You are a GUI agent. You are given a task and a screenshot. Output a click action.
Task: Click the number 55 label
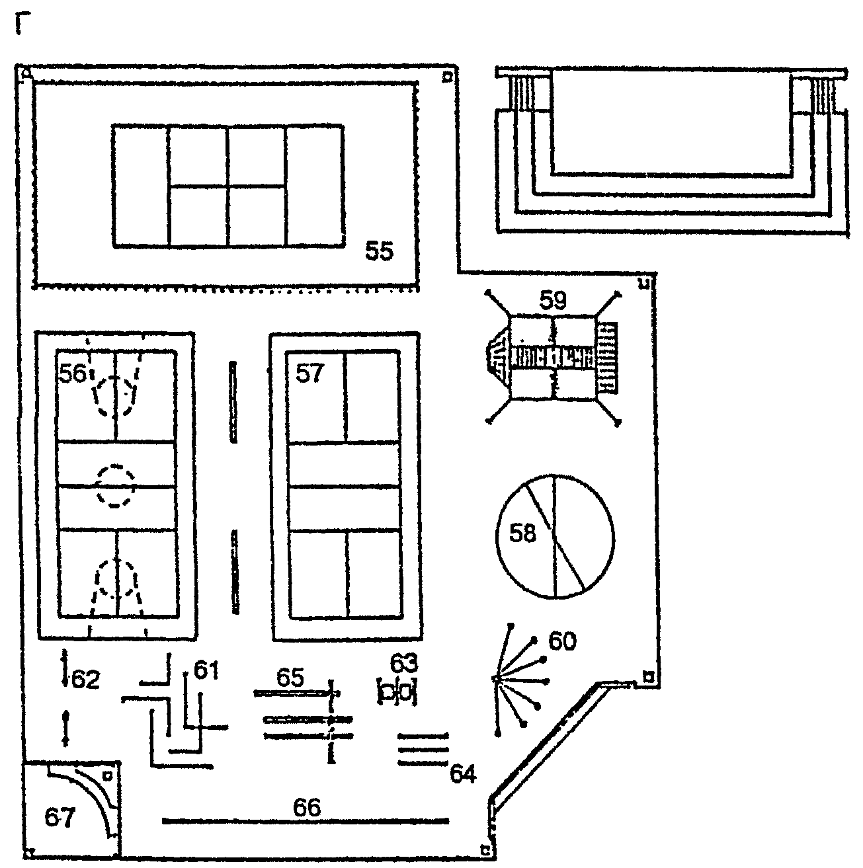coord(380,251)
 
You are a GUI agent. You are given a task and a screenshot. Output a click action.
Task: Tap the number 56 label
coord(73,374)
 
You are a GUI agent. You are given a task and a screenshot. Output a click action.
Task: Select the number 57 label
coord(309,374)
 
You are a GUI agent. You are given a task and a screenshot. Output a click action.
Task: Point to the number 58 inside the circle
coord(522,533)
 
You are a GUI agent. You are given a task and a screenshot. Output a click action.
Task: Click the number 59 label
coord(554,300)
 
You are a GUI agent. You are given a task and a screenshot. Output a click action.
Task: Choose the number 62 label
coord(86,679)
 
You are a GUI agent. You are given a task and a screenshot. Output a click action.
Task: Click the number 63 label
coord(404,662)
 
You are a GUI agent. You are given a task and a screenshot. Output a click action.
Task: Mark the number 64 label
coord(463,773)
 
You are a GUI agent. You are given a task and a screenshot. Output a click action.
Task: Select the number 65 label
coord(290,677)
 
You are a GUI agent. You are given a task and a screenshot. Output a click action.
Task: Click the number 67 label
coord(60,818)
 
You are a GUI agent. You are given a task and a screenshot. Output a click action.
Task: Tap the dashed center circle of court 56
coord(116,487)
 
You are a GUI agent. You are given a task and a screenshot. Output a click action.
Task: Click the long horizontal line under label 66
coord(306,822)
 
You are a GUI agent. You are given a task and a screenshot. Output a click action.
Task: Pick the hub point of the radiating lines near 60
coord(496,679)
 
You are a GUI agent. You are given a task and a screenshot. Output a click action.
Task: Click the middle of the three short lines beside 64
coord(423,749)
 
